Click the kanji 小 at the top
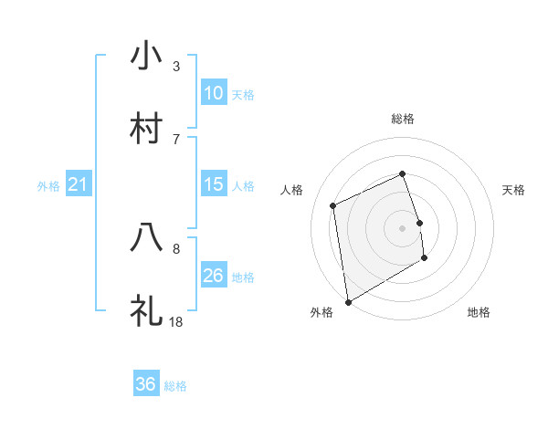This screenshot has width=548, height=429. tap(147, 56)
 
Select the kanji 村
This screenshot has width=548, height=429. tap(147, 129)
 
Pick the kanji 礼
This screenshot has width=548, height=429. tap(147, 310)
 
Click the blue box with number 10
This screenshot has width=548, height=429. tap(214, 93)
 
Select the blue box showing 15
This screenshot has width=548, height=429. tap(214, 184)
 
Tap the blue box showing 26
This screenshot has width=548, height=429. tap(214, 276)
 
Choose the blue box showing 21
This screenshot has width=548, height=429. tap(79, 184)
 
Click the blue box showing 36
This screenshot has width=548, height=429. tap(146, 384)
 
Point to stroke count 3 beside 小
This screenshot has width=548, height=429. tap(176, 67)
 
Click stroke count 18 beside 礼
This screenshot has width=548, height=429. tap(176, 321)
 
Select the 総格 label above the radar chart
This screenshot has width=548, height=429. tap(403, 119)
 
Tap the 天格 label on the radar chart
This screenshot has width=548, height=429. tap(514, 190)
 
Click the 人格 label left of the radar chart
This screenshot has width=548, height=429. tap(292, 190)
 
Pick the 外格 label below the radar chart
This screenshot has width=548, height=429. tap(321, 313)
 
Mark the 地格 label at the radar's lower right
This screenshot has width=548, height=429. tap(479, 313)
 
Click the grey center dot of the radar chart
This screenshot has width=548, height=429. tap(403, 227)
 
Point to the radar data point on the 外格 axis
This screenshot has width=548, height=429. tap(348, 301)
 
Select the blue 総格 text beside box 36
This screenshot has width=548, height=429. tap(175, 386)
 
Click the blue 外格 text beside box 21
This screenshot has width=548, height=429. tap(48, 186)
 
